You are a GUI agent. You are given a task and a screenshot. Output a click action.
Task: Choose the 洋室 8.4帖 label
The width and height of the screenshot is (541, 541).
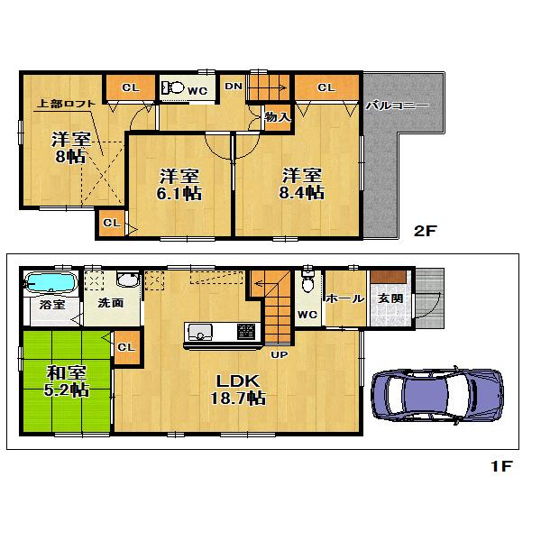click(301, 183)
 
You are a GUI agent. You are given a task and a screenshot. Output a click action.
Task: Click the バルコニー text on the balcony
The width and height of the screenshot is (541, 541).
click(397, 105)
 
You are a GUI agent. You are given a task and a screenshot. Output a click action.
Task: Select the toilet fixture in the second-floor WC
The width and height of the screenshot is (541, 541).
click(172, 87)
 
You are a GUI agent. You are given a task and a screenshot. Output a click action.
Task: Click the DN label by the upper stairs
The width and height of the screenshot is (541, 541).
click(234, 87)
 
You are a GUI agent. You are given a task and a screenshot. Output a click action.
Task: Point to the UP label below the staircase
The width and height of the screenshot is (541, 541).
click(280, 354)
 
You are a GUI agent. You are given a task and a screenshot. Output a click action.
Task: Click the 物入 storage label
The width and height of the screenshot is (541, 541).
click(277, 116)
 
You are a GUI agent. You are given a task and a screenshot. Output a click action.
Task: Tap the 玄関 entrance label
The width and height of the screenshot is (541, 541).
click(390, 298)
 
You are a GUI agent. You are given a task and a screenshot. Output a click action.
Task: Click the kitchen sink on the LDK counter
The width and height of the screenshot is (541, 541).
click(198, 330)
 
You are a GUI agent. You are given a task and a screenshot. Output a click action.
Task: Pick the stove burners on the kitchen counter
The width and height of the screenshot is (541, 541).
click(244, 331)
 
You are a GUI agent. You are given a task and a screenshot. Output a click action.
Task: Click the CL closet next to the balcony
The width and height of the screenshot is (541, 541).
click(326, 87)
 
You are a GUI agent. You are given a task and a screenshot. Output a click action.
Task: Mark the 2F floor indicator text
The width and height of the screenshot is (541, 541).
click(425, 231)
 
